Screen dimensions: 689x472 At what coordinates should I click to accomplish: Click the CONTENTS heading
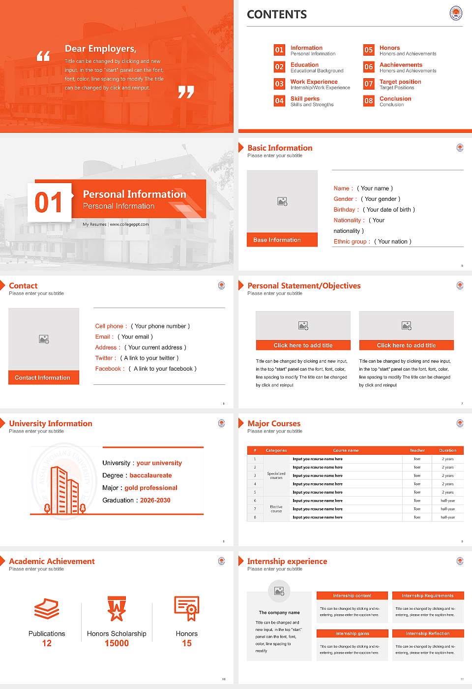pos(277,15)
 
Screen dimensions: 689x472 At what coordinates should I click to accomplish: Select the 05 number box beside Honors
pos(369,50)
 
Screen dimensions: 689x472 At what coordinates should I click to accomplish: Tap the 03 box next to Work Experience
pos(279,84)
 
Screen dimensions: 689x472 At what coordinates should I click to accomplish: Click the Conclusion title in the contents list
pos(395,98)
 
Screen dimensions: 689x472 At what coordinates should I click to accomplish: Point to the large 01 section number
pos(49,202)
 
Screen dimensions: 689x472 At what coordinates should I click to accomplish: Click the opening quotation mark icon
pos(43,56)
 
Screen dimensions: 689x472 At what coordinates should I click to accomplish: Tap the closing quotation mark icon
pos(186,92)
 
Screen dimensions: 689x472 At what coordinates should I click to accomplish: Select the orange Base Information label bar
pos(282,240)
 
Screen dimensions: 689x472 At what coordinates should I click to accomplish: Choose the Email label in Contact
pos(104,337)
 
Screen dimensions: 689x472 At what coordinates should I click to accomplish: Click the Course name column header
pos(346,450)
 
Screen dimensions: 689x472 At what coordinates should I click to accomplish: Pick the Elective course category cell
pos(276,509)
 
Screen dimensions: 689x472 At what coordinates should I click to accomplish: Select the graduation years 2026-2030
pos(155,500)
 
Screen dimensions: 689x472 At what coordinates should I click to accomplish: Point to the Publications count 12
pos(47,643)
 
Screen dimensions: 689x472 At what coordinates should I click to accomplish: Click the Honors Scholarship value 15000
pos(117,643)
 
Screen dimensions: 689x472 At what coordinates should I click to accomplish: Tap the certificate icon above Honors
pos(187,608)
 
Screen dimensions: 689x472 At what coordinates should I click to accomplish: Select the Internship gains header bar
pos(353,633)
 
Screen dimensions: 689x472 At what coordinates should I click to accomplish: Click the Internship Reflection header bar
pos(428,633)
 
